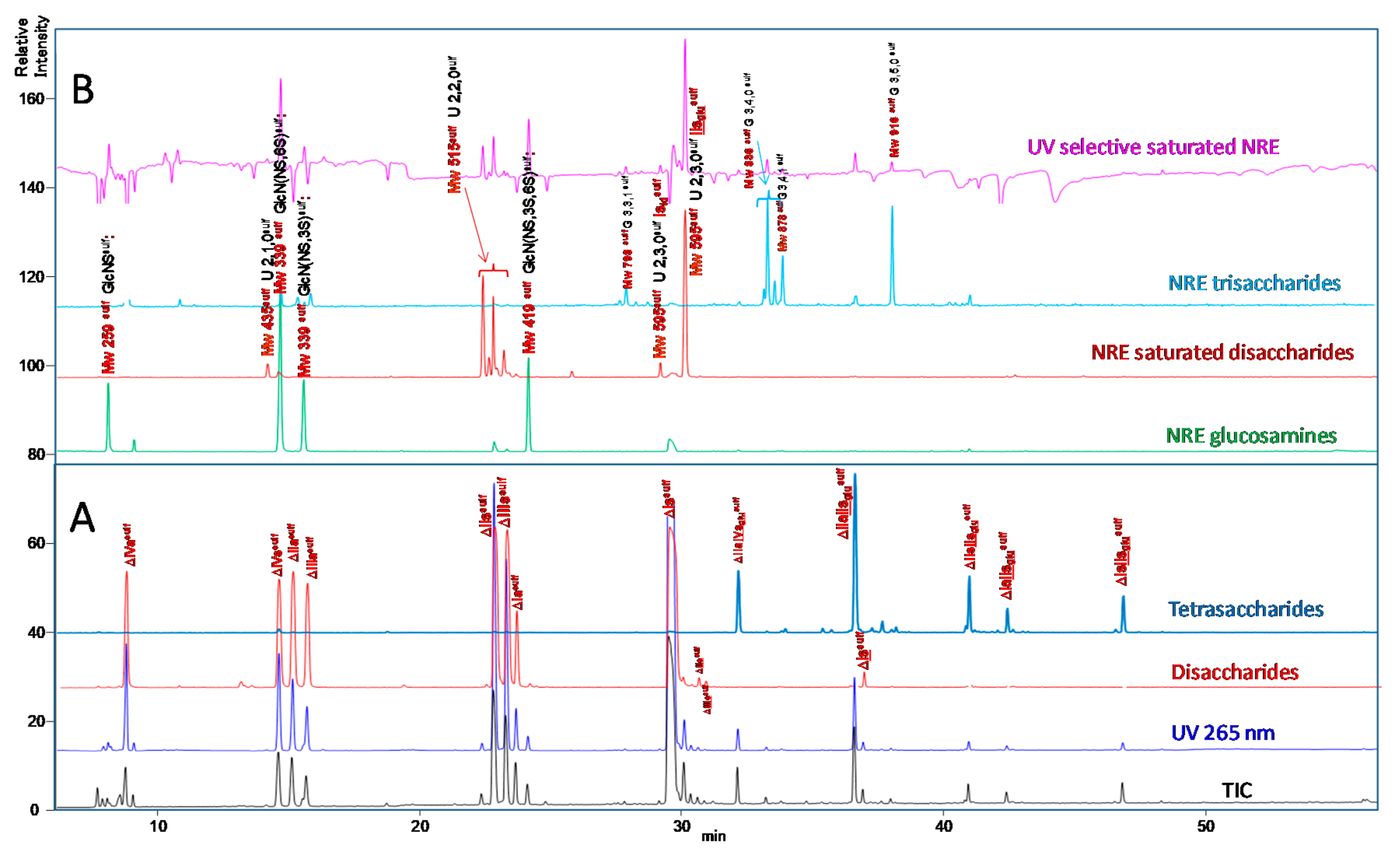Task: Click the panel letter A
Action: point(82,518)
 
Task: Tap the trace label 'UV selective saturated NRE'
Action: point(1153,147)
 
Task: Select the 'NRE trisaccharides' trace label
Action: point(1254,283)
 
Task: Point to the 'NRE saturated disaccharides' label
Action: point(1222,353)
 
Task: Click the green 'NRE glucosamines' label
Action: point(1251,435)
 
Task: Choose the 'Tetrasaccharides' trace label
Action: point(1246,609)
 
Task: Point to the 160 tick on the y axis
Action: point(31,98)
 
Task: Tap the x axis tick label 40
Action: point(944,826)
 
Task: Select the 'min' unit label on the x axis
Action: point(713,836)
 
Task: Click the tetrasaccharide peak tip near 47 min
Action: point(1123,597)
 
